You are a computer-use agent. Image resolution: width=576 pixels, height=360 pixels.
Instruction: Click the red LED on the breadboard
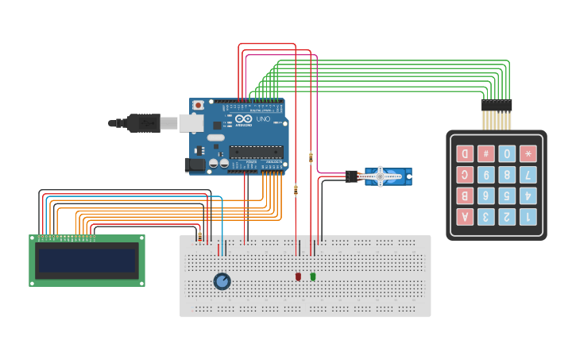[298, 277]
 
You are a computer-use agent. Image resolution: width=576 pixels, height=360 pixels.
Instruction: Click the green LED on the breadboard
[313, 277]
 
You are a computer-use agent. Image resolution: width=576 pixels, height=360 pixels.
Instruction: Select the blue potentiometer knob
[222, 281]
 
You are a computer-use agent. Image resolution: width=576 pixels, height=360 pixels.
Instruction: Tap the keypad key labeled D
[465, 153]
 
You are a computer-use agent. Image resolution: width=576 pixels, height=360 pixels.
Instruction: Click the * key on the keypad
[528, 153]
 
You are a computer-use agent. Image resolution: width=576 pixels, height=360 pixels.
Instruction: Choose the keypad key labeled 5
[507, 195]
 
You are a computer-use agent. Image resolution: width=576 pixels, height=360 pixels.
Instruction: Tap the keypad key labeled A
[465, 217]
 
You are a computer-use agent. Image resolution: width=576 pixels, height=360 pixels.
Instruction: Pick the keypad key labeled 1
[528, 217]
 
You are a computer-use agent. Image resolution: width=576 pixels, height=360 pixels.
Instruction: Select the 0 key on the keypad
[507, 153]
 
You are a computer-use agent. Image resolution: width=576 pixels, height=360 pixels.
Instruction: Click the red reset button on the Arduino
[198, 105]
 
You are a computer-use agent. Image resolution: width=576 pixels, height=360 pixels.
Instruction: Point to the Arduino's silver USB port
[191, 122]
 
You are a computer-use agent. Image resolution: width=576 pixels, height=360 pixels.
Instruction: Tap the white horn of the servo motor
[380, 176]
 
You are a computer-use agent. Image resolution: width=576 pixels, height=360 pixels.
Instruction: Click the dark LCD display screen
[87, 261]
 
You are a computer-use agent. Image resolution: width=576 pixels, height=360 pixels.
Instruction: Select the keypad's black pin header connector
[497, 105]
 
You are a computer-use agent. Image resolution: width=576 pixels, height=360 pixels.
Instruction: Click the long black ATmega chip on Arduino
[256, 151]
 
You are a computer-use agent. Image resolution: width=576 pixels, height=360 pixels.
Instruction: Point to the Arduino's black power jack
[195, 165]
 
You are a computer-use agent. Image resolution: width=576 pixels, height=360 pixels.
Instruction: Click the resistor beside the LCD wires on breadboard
[199, 235]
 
